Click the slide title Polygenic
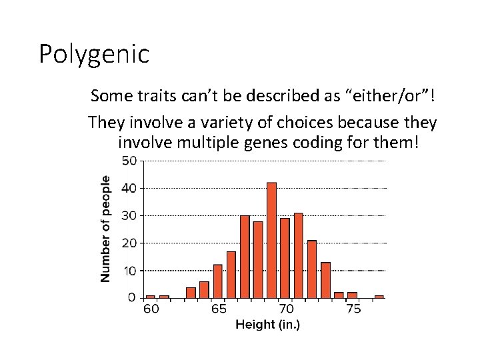(x=94, y=54)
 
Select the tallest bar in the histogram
(x=271, y=240)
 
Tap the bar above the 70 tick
(x=285, y=257)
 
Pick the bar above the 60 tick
(x=150, y=296)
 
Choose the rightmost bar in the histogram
(x=379, y=296)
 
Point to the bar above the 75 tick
(x=352, y=295)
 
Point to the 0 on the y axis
(x=131, y=297)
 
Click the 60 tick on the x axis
(x=151, y=309)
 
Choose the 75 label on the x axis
(x=353, y=309)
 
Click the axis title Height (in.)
(x=267, y=325)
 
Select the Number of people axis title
(x=106, y=228)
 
